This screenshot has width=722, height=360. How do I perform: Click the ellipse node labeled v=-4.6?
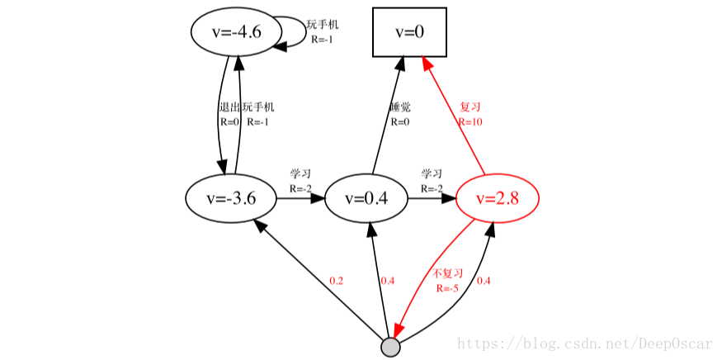point(237,32)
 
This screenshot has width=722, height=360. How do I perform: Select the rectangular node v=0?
point(409,32)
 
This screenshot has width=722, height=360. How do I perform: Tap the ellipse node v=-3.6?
point(231,198)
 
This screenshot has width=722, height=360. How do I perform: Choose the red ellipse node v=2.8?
point(497,198)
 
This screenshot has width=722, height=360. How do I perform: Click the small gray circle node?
point(390,348)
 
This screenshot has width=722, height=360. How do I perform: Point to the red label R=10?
point(470,121)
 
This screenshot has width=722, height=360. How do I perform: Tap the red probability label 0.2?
point(336,281)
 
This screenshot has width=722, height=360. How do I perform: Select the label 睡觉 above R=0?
point(399,107)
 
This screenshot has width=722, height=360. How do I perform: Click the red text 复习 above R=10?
point(470,107)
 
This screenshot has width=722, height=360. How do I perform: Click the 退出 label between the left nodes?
point(229,107)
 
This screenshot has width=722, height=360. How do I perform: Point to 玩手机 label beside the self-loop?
point(323,25)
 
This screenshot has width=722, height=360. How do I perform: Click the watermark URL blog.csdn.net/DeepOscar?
point(587,343)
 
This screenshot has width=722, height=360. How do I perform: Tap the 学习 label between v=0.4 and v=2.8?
point(432,174)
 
